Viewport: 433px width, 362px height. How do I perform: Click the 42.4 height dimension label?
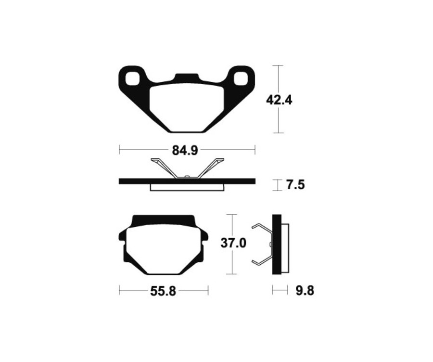(280, 100)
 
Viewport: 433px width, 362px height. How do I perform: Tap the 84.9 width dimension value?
(185, 151)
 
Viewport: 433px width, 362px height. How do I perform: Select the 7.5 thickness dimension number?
(295, 185)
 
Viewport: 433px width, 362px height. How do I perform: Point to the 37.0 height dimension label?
(233, 243)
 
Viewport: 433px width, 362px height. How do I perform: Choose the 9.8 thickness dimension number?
(304, 291)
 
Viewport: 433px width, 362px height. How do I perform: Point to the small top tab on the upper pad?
(186, 77)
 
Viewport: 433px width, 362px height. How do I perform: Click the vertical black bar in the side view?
(277, 244)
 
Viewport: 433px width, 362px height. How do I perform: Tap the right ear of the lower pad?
(205, 235)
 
